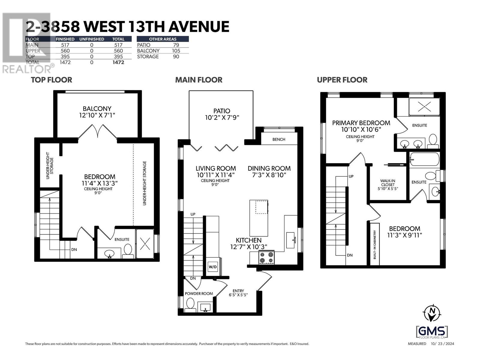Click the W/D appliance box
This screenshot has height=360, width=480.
(x=213, y=267)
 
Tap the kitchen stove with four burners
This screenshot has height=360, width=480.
(x=267, y=258)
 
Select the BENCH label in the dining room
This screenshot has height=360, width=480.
(x=279, y=139)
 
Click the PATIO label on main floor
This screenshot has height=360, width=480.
(x=222, y=111)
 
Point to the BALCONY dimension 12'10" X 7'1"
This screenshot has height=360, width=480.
(x=97, y=115)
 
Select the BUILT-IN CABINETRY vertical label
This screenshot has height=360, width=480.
(x=375, y=244)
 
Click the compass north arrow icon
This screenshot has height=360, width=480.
(x=432, y=313)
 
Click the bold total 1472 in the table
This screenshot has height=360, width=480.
(x=118, y=62)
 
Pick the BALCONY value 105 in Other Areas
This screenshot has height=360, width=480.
(x=176, y=51)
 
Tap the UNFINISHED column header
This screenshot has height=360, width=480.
(x=91, y=39)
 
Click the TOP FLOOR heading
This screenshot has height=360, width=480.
(x=52, y=80)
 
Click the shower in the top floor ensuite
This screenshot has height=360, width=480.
(x=145, y=244)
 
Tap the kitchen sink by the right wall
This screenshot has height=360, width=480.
(x=290, y=240)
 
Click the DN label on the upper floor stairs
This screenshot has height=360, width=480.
(x=349, y=255)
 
